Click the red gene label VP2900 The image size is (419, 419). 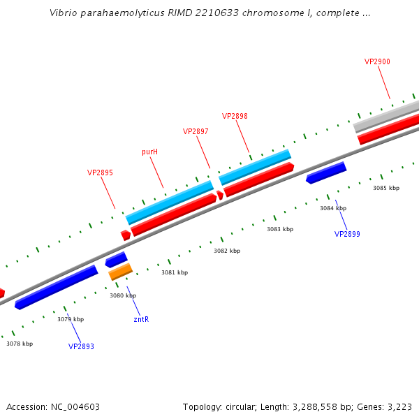[x=377, y=61]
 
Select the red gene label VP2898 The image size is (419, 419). [x=235, y=116]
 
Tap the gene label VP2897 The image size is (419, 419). [x=196, y=131]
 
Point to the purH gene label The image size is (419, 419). [x=149, y=152]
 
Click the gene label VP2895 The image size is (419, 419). [x=100, y=172]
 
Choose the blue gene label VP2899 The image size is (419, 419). [x=347, y=234]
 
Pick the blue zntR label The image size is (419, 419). [x=141, y=319]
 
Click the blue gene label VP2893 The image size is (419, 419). [x=81, y=346]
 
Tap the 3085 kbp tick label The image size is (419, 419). [x=386, y=188]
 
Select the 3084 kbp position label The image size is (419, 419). [x=333, y=208]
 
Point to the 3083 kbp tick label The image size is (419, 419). [x=280, y=229]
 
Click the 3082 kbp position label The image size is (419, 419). [x=227, y=251]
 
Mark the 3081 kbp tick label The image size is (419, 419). [x=175, y=272]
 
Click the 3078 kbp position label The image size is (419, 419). [x=20, y=344]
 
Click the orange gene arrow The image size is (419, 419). [x=120, y=272]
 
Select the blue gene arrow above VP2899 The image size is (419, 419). [x=326, y=172]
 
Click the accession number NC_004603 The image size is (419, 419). [x=74, y=406]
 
